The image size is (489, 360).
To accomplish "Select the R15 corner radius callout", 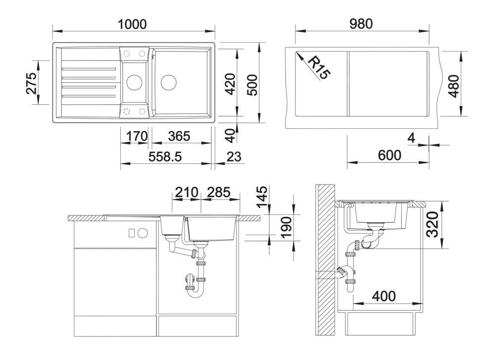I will tap(318, 68).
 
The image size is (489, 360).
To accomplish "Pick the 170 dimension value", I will tap(135, 136).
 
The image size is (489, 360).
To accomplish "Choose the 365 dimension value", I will tap(181, 136).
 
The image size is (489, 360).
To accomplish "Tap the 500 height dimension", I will tap(252, 85).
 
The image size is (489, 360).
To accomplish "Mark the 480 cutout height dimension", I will tap(454, 85).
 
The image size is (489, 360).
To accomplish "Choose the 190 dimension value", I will tap(285, 227).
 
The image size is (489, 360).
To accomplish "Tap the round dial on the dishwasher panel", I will tap(144, 232).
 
